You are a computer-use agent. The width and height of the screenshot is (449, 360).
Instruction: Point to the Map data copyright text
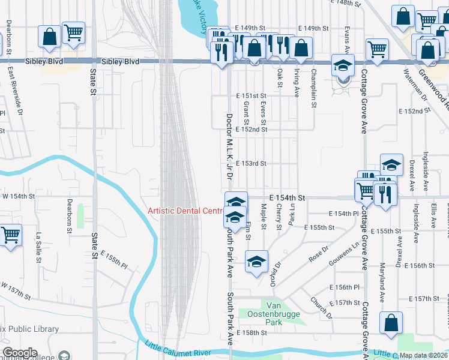pyautogui.click(x=424, y=355)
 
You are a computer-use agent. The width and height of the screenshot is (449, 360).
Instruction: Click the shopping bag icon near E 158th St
pyautogui.click(x=391, y=323)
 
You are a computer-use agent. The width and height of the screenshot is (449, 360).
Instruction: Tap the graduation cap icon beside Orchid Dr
pyautogui.click(x=256, y=262)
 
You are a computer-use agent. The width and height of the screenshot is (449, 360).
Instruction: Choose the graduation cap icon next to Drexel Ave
pyautogui.click(x=391, y=165)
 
